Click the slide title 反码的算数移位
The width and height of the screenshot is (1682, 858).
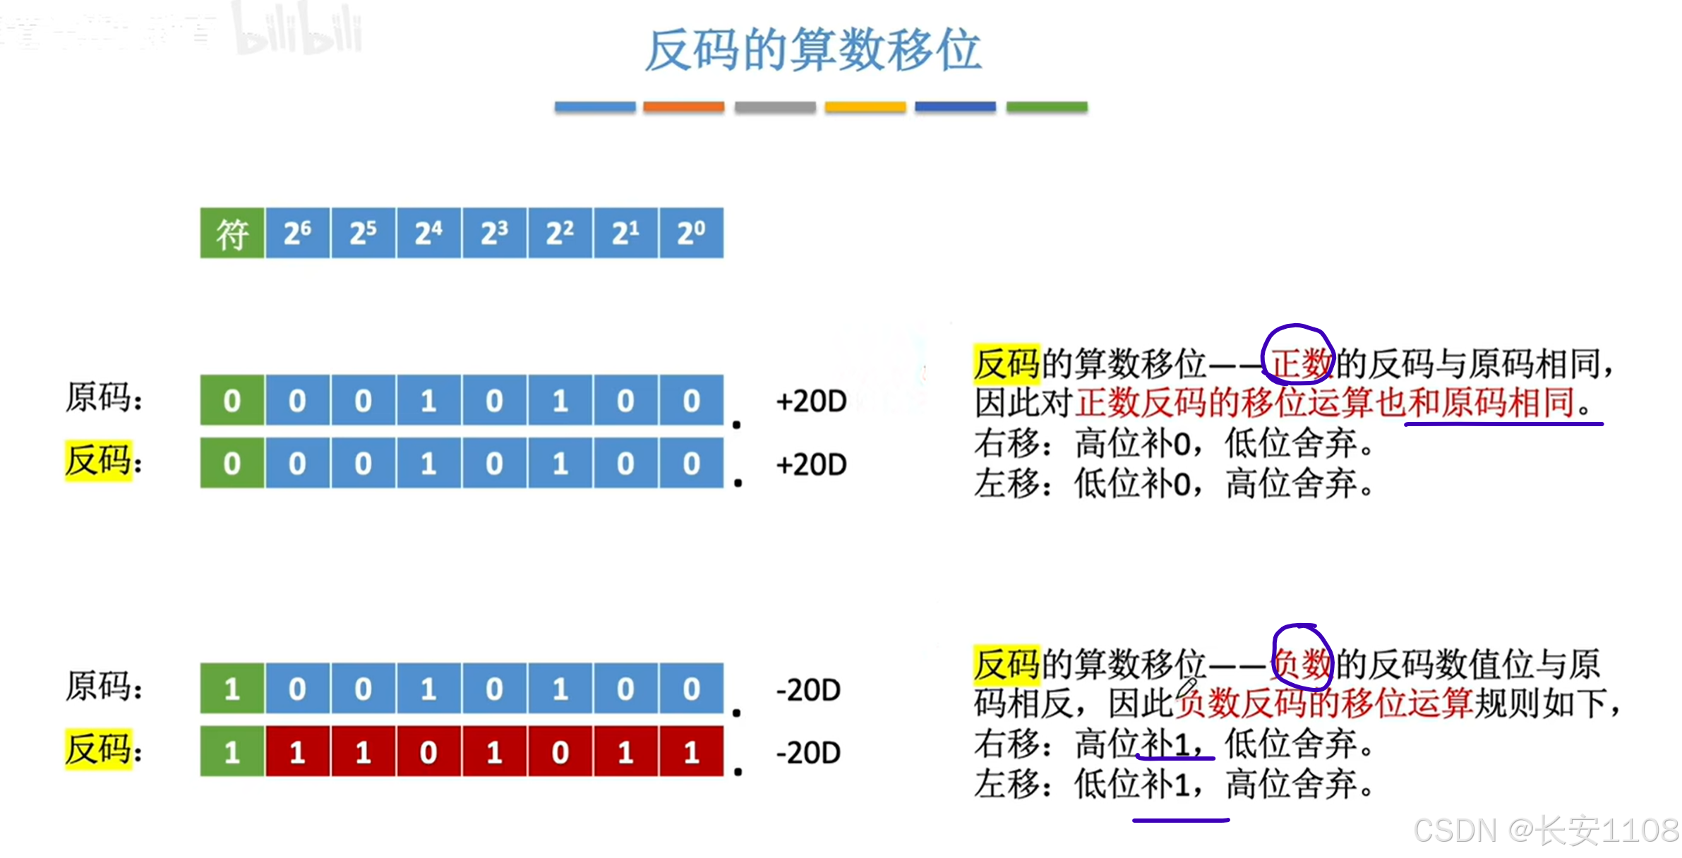(x=812, y=51)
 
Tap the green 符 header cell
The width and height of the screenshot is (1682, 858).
(x=232, y=233)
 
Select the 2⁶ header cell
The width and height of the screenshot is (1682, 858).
(x=297, y=233)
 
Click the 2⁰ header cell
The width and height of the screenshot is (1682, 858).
(x=691, y=233)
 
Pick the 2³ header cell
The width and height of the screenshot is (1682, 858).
(x=494, y=233)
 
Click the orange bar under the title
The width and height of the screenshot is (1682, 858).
(x=683, y=107)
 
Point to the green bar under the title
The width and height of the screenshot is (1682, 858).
(x=1046, y=107)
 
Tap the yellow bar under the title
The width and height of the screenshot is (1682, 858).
(x=865, y=107)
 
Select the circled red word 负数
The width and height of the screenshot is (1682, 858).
(x=1302, y=664)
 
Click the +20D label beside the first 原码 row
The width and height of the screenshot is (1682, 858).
(x=811, y=401)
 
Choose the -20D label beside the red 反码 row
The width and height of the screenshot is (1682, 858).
(x=808, y=753)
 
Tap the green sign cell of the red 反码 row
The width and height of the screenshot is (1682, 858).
(x=232, y=752)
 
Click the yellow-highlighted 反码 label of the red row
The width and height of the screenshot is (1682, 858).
(x=99, y=749)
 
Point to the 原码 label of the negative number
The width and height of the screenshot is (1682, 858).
(x=103, y=686)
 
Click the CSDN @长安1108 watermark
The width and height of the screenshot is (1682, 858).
(x=1546, y=830)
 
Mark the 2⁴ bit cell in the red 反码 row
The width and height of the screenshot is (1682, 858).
(x=428, y=752)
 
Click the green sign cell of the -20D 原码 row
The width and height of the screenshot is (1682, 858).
(x=232, y=688)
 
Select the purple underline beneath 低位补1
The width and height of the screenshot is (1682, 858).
(x=1181, y=821)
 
